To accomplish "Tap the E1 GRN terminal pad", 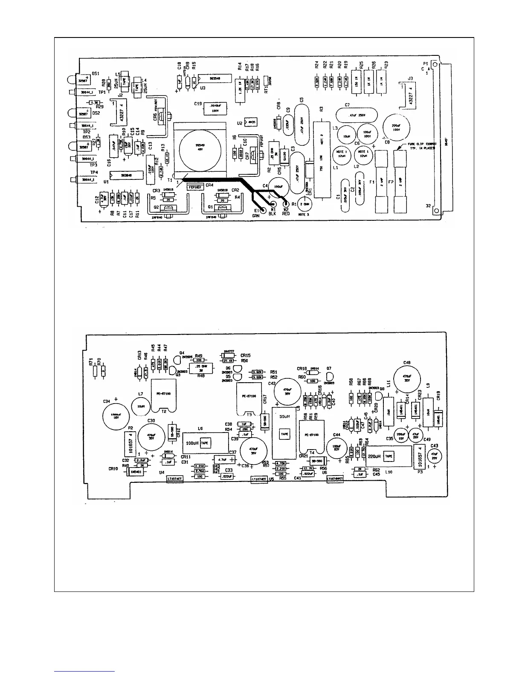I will coord(263,210).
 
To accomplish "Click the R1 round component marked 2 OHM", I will coord(305,205).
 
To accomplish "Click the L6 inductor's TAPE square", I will coord(205,443).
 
